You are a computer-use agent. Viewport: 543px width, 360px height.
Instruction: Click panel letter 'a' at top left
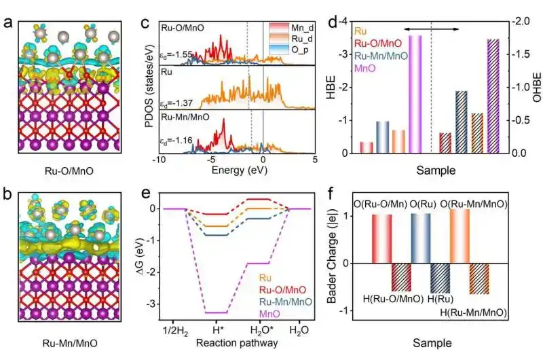point(7,22)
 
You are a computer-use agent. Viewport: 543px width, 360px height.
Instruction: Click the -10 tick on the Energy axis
point(157,160)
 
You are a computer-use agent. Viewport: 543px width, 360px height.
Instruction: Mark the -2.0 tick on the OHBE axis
point(519,21)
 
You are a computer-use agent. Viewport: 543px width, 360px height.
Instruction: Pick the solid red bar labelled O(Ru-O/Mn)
point(382,238)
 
